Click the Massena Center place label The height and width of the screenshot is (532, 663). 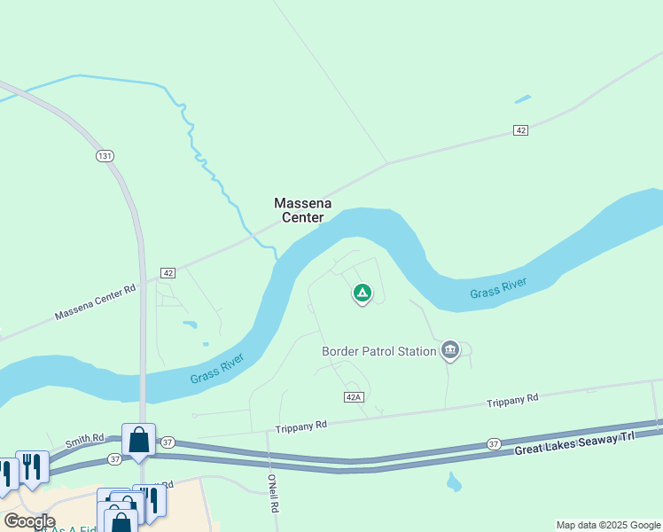(x=303, y=210)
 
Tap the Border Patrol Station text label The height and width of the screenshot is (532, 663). (x=378, y=351)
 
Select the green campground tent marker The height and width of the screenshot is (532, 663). (x=362, y=292)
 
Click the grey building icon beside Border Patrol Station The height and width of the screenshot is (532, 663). (x=450, y=351)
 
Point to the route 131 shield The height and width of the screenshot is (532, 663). (x=105, y=156)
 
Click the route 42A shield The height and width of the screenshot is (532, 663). (x=354, y=396)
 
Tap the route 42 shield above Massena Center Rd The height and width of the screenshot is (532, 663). (x=168, y=272)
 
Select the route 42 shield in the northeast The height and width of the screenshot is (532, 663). (x=520, y=130)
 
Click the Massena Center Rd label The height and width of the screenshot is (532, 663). (x=95, y=302)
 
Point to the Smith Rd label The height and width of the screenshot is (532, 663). (x=85, y=439)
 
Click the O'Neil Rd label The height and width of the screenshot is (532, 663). (x=273, y=494)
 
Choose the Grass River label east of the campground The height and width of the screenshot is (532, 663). (x=498, y=288)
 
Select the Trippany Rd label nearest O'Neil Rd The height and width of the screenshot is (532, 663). (x=302, y=425)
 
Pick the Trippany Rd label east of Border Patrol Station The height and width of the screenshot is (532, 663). (x=512, y=401)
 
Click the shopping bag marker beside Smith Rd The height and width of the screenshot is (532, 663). (x=138, y=441)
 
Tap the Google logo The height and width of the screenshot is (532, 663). (x=29, y=521)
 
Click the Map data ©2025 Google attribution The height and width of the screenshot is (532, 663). (x=608, y=525)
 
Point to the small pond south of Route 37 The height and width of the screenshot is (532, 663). (x=454, y=483)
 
